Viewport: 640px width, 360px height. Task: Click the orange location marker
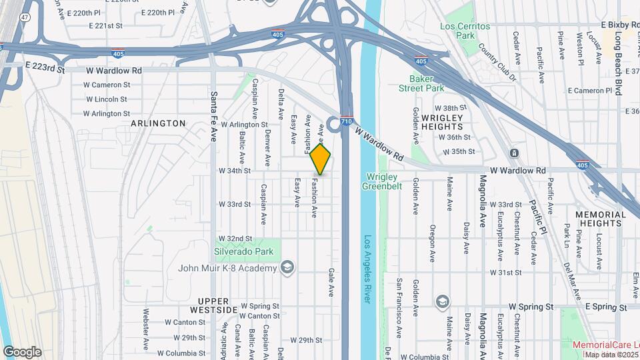(321, 159)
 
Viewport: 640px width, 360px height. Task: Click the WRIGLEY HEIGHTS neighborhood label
(442, 122)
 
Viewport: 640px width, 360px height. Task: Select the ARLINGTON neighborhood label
(158, 123)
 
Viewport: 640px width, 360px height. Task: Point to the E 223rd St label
(45, 68)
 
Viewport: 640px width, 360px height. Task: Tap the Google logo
(21, 352)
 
